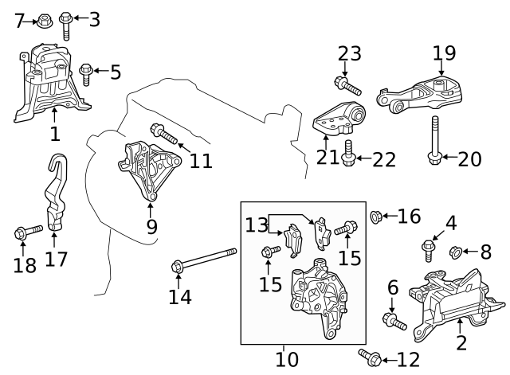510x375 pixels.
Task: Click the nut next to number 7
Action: (45, 19)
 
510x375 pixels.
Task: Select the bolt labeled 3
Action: (67, 24)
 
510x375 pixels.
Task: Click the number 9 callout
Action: (151, 227)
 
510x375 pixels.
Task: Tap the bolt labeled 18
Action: (28, 232)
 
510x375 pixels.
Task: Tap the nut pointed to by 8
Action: (455, 252)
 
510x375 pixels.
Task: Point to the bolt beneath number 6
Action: (394, 321)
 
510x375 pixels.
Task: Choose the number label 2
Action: (461, 344)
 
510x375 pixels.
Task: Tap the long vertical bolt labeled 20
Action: (434, 140)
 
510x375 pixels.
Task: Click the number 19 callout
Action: (444, 53)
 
